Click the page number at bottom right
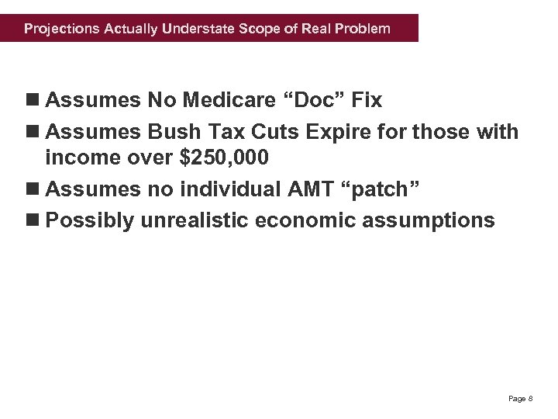tap(520, 399)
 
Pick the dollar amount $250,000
tap(224, 158)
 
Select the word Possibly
tap(90, 220)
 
